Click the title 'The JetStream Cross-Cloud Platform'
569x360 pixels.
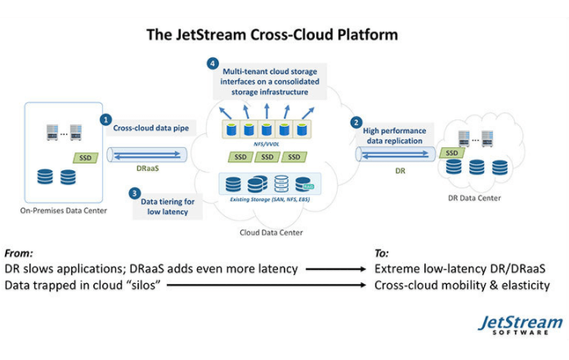point(272,35)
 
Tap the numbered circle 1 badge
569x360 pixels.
point(105,119)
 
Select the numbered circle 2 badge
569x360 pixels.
point(356,123)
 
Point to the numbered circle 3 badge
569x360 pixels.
point(135,194)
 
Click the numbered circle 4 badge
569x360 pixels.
point(213,63)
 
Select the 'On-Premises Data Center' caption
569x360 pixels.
point(66,212)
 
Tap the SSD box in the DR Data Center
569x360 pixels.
point(449,153)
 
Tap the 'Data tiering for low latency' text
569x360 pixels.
point(170,206)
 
